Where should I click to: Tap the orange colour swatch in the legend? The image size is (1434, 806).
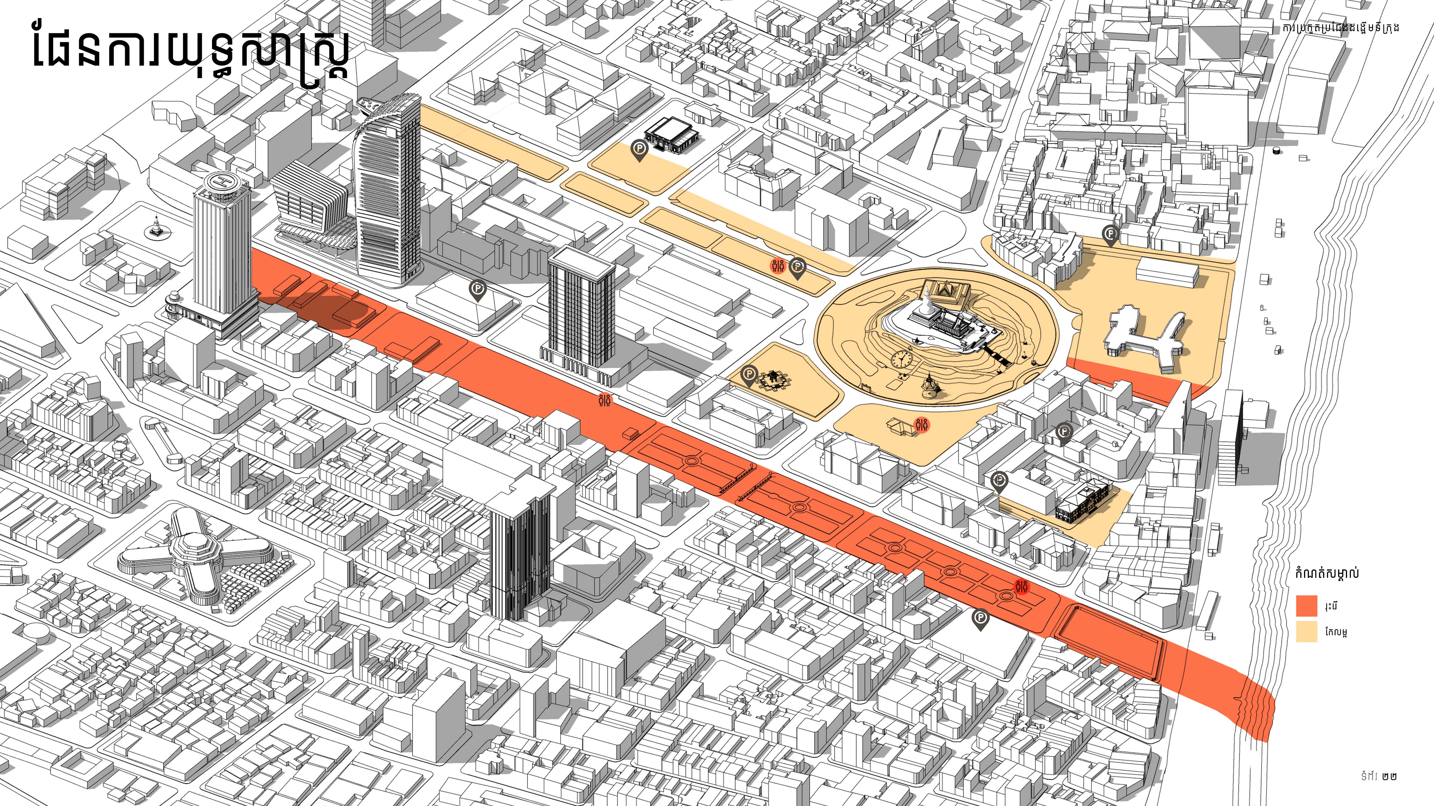pyautogui.click(x=1307, y=606)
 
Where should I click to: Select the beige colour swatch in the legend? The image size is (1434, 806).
pyautogui.click(x=1307, y=632)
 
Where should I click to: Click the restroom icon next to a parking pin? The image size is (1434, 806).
pyautogui.click(x=778, y=266)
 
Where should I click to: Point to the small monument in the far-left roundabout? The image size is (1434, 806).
pyautogui.click(x=155, y=228)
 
